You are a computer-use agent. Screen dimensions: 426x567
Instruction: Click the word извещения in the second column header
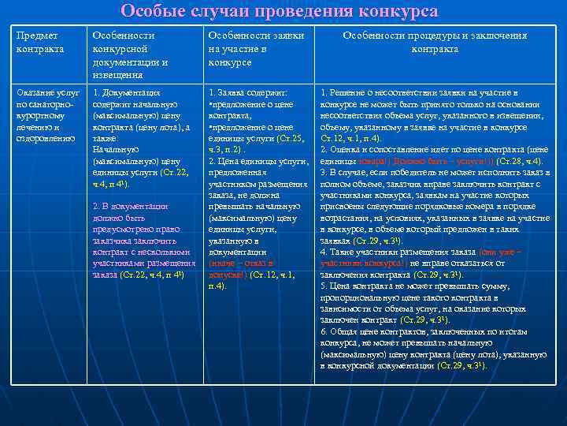[117, 75]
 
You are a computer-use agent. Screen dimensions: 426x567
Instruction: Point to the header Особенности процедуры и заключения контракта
[435, 42]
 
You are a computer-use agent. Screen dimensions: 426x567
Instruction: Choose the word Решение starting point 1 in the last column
[347, 93]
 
